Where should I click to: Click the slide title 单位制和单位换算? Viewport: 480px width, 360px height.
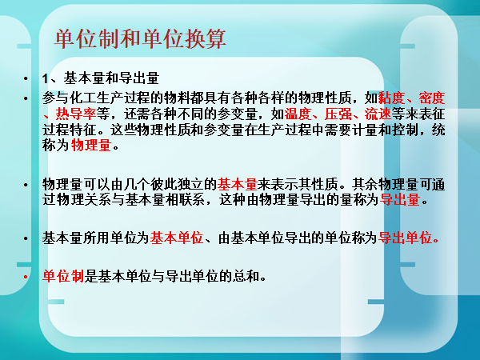[x=140, y=39]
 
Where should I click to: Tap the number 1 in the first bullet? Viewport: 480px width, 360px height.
[x=46, y=78]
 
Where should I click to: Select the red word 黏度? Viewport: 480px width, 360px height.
[x=391, y=98]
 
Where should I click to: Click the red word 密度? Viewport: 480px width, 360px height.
[x=432, y=98]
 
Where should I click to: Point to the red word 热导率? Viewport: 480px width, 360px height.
[x=76, y=114]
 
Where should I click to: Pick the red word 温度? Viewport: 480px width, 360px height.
[x=298, y=114]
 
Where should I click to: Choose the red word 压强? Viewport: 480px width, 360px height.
[x=338, y=114]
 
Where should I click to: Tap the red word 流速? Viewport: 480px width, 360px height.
[x=378, y=114]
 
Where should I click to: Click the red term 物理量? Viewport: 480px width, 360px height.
[x=91, y=145]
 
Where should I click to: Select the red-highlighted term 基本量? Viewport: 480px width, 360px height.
[x=238, y=185]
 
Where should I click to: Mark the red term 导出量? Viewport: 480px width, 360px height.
[x=400, y=200]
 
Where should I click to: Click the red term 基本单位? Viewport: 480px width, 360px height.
[x=177, y=238]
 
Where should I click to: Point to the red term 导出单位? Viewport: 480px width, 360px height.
[x=405, y=238]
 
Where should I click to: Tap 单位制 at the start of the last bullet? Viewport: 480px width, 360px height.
[x=63, y=276]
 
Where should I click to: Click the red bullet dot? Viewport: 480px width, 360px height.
[x=26, y=277]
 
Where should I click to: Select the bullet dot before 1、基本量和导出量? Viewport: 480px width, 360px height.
[x=26, y=79]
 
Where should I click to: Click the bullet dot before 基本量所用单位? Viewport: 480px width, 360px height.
[x=26, y=238]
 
